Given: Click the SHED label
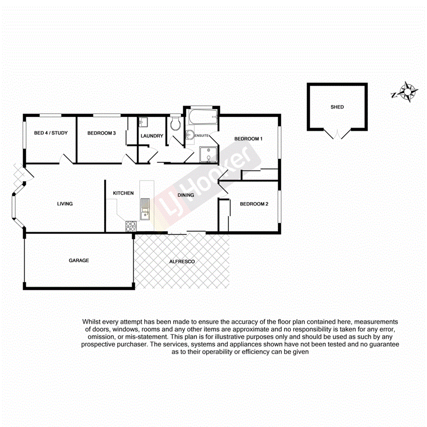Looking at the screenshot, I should point(337,107).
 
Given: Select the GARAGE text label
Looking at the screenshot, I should point(79,260).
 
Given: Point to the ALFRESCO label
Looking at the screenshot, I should point(182,262).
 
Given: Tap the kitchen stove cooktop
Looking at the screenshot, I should point(131,226).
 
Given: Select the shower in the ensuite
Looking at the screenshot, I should point(208,155).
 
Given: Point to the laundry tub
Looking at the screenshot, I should point(143,122).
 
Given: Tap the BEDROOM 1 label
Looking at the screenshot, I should point(248,139).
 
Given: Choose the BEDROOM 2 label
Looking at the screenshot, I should point(254,204).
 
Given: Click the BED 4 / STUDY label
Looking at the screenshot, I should point(51,133).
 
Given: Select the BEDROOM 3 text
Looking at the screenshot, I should point(101,133).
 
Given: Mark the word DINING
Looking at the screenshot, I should point(186,195).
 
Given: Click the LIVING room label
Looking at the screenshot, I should point(65,204).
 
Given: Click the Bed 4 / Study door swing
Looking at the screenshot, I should point(66,159).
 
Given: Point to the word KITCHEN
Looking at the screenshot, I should point(123,193).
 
